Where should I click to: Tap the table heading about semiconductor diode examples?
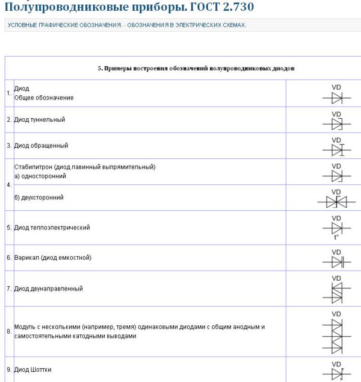(x=196, y=68)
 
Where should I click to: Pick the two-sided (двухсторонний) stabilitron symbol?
(x=337, y=202)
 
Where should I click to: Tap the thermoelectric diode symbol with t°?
(x=337, y=228)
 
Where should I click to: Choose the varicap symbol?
(x=337, y=262)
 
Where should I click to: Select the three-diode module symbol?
(x=337, y=336)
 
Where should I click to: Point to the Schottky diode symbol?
(x=337, y=372)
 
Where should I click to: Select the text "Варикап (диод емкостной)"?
(x=53, y=257)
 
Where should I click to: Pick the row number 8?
(x=9, y=331)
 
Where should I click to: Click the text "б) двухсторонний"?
(x=39, y=197)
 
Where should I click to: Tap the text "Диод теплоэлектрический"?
(x=52, y=227)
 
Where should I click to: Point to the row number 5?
(x=9, y=228)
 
